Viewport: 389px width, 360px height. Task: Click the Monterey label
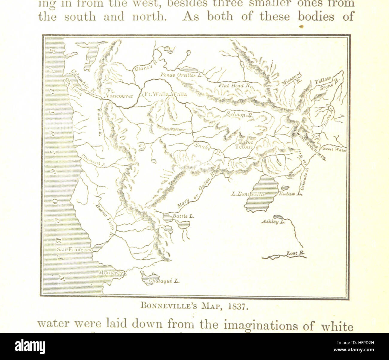click(x=111, y=273)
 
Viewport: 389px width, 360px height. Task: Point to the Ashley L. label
click(x=273, y=222)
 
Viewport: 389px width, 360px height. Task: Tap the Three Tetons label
click(x=245, y=144)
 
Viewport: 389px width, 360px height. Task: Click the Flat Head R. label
click(x=234, y=85)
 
